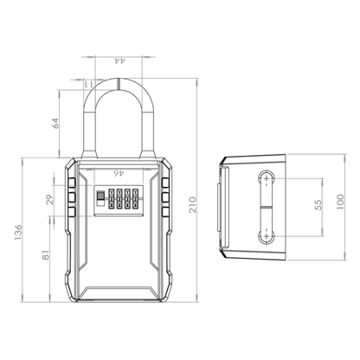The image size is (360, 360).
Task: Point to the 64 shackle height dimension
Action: point(55,122)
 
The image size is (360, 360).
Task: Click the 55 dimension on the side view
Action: point(318,205)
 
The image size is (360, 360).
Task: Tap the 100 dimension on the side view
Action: point(342,201)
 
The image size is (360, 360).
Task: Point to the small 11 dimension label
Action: point(88,83)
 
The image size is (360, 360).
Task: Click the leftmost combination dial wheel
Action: point(100,201)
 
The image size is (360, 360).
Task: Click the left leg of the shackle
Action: point(88,130)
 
